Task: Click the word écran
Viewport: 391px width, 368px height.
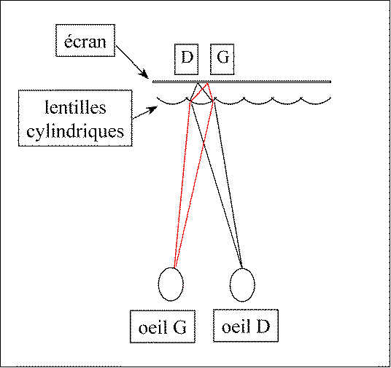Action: pyautogui.click(x=85, y=42)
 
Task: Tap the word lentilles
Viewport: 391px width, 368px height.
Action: pyautogui.click(x=76, y=107)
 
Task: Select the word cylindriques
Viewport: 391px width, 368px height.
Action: pyautogui.click(x=75, y=131)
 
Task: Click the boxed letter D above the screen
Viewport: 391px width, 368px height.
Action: pyautogui.click(x=187, y=58)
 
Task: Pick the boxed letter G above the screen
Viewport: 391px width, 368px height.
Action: pyautogui.click(x=222, y=57)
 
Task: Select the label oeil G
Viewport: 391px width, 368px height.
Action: pyautogui.click(x=163, y=328)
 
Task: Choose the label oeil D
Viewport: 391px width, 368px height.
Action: pyautogui.click(x=246, y=326)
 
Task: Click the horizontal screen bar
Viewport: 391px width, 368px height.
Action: pyautogui.click(x=241, y=82)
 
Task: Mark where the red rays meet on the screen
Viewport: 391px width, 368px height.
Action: pyautogui.click(x=207, y=84)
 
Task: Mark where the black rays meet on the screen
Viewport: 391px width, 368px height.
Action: pyautogui.click(x=198, y=84)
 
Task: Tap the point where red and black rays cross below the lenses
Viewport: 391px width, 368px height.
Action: pyautogui.click(x=204, y=144)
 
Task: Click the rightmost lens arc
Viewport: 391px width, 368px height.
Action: pyautogui.click(x=316, y=101)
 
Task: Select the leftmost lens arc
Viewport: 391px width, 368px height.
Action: pyautogui.click(x=173, y=102)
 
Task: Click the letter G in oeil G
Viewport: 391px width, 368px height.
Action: pyautogui.click(x=179, y=328)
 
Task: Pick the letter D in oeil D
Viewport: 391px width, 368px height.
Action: pyautogui.click(x=263, y=326)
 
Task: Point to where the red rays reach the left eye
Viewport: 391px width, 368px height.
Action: pyautogui.click(x=174, y=267)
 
